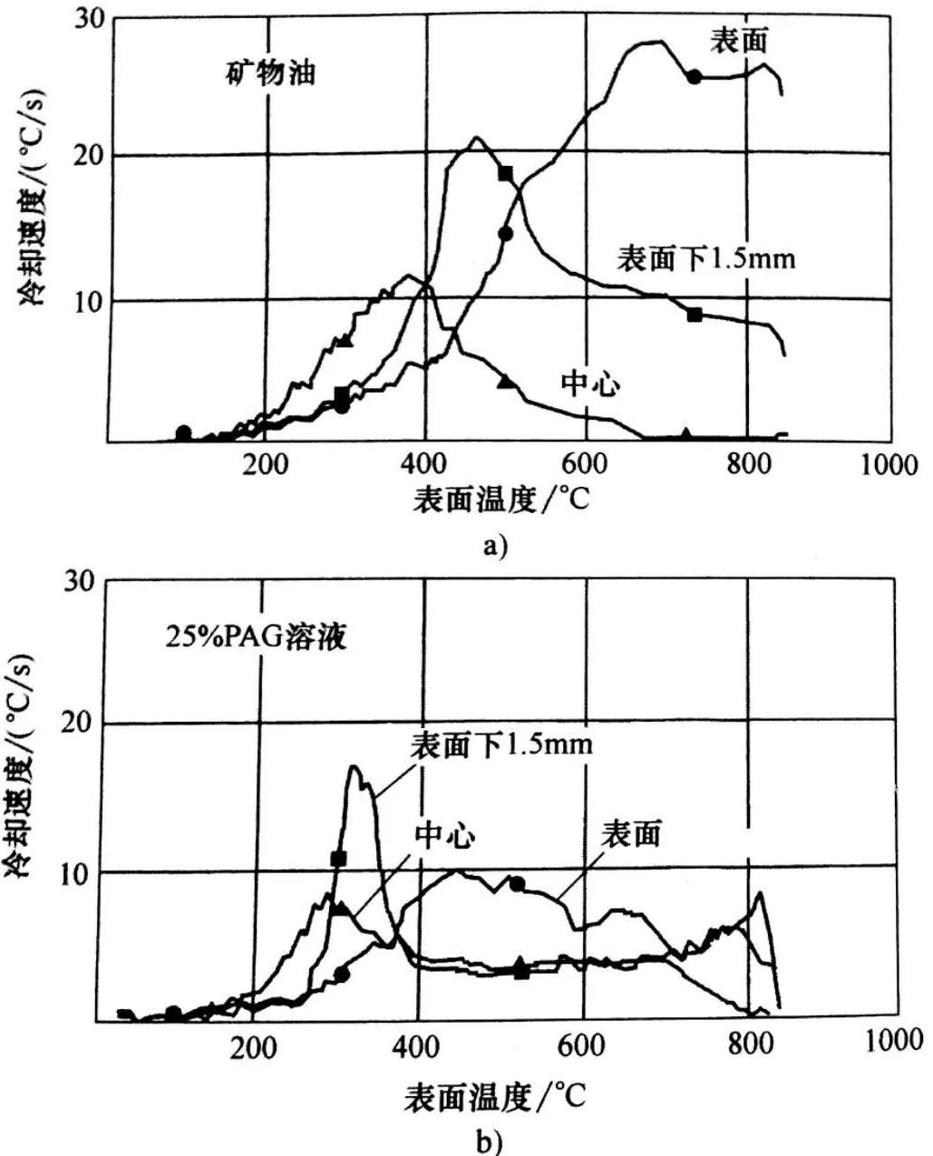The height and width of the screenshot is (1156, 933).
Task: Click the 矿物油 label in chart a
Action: [270, 73]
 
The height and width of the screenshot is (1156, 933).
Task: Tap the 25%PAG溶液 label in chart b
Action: [257, 637]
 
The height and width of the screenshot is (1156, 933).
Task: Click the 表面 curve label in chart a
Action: [740, 40]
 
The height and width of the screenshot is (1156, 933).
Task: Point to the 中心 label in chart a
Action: [590, 384]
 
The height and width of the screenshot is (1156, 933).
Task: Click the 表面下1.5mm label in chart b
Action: [501, 745]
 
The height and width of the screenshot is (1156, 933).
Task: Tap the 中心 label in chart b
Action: [444, 835]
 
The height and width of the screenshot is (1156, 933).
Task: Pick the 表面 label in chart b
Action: [633, 832]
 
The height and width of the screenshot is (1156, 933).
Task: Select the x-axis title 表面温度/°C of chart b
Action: [495, 1096]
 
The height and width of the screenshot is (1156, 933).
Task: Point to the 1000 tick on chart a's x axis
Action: [889, 465]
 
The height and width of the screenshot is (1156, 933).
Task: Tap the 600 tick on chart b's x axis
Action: [580, 1044]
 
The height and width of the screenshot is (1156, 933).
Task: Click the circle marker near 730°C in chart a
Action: [694, 77]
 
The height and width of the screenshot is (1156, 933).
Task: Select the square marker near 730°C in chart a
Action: [695, 315]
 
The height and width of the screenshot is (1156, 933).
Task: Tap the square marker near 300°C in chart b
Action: [339, 859]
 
